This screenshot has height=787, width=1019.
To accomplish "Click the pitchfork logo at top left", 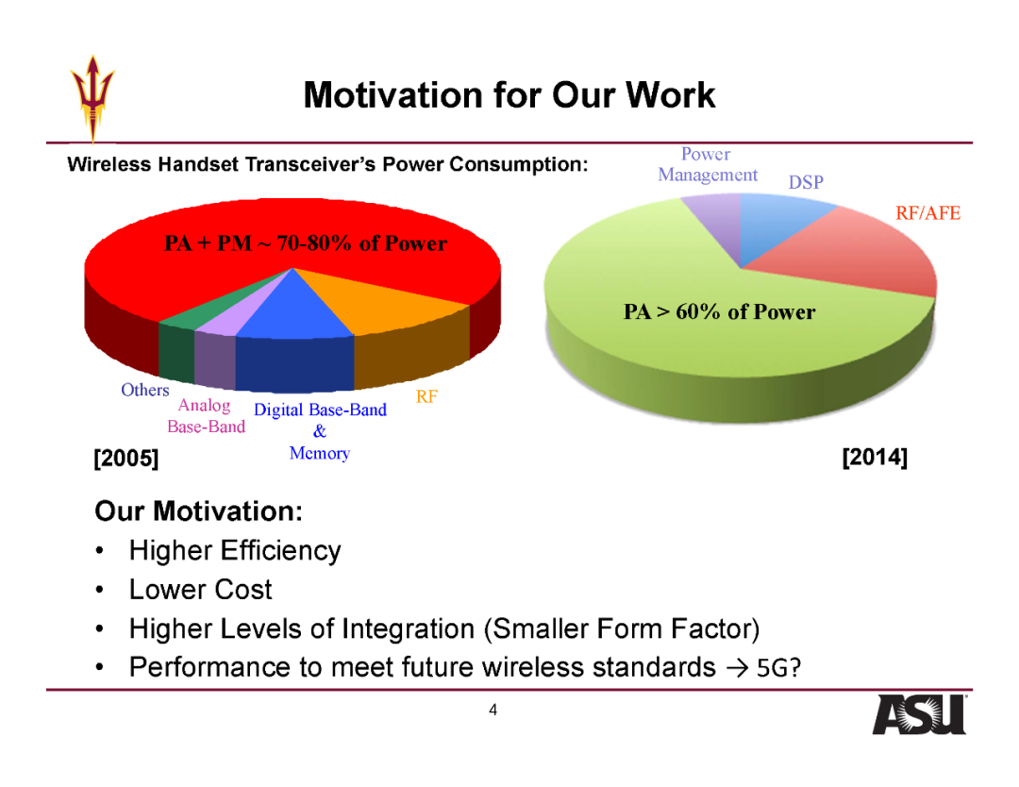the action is pos(92,97).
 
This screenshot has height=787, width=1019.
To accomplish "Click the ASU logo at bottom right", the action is pos(919,715).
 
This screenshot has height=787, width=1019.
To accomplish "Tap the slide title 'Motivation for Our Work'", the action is pos(509,95).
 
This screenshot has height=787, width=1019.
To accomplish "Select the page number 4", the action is pos(493,710).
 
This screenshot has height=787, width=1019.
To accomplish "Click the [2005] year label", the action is pos(126,459).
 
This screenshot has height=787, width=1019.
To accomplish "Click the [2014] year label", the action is pos(875,457).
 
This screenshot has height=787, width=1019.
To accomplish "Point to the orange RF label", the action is pos(426,396).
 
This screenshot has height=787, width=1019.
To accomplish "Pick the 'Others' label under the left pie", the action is pos(145,390).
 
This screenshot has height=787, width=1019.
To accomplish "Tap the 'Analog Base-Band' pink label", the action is pos(206,416).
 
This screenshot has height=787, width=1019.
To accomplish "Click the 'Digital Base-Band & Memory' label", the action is pos(320,431).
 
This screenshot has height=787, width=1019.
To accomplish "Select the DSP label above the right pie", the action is pos(806,182).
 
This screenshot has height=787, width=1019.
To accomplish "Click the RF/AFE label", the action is pos(927,213).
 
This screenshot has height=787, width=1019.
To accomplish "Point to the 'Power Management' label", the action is pos(707,164).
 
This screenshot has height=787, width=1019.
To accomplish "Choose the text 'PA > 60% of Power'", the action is pos(719,312).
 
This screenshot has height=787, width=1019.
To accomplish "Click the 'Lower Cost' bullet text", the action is pos(200,590).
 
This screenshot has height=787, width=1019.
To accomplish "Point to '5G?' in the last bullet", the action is pos(779,667).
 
